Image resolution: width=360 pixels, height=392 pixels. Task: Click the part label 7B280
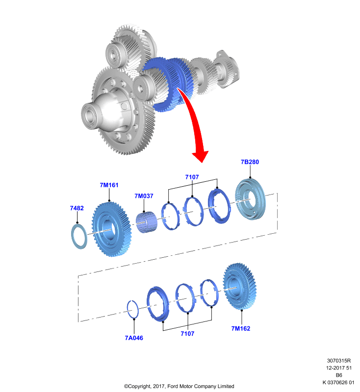tap(250, 162)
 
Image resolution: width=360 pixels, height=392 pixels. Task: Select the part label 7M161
tap(109, 185)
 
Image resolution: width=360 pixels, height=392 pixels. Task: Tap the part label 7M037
tap(144, 196)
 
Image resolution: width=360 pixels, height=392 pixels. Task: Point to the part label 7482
tap(77, 208)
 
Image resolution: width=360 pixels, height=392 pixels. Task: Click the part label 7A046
tap(134, 338)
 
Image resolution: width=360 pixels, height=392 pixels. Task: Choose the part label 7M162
tap(241, 328)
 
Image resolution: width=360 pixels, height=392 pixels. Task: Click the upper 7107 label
tap(192, 177)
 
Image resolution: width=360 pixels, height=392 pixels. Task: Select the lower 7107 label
tap(187, 334)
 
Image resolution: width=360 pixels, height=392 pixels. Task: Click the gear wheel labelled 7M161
tap(111, 229)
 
